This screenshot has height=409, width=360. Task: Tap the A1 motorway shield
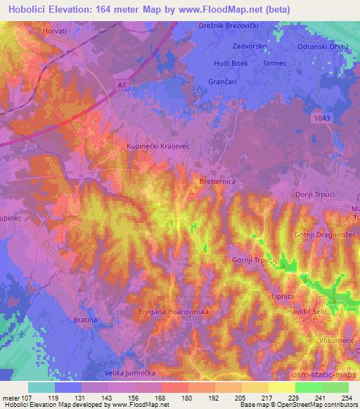tap(121, 84)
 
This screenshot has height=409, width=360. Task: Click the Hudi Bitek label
tap(231, 64)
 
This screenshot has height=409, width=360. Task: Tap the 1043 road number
tap(323, 118)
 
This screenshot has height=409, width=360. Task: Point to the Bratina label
tap(85, 320)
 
